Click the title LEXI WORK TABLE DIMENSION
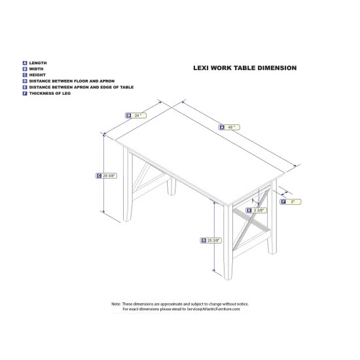[x=245, y=67]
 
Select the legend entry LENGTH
[x=37, y=62]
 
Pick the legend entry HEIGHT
[x=37, y=75]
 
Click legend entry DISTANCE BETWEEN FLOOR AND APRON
[x=62, y=81]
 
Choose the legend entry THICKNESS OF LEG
[x=50, y=94]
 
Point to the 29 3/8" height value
[x=108, y=175]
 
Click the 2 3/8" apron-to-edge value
[x=260, y=210]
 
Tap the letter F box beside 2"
[x=282, y=202]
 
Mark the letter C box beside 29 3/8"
[x=98, y=175]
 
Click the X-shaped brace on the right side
[x=247, y=216]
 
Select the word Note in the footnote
[x=116, y=304]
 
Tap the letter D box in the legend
[x=24, y=81]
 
